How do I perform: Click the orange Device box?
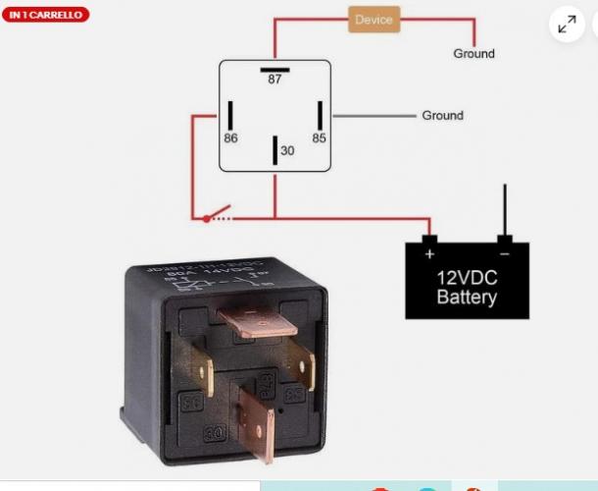pyautogui.click(x=374, y=20)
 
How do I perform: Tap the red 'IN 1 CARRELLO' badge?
pyautogui.click(x=45, y=15)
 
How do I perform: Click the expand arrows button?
pyautogui.click(x=567, y=26)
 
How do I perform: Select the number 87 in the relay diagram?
pyautogui.click(x=274, y=80)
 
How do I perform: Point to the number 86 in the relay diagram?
pyautogui.click(x=230, y=138)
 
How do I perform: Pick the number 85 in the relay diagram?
pyautogui.click(x=319, y=138)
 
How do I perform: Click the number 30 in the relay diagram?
pyautogui.click(x=287, y=151)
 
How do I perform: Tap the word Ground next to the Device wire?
pyautogui.click(x=473, y=53)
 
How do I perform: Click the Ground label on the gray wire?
pyautogui.click(x=442, y=115)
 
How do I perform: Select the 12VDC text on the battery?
pyautogui.click(x=467, y=277)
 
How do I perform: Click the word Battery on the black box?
pyautogui.click(x=467, y=297)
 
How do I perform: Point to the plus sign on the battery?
pyautogui.click(x=428, y=253)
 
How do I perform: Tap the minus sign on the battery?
pyautogui.click(x=504, y=253)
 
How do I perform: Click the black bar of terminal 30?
pyautogui.click(x=274, y=151)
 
